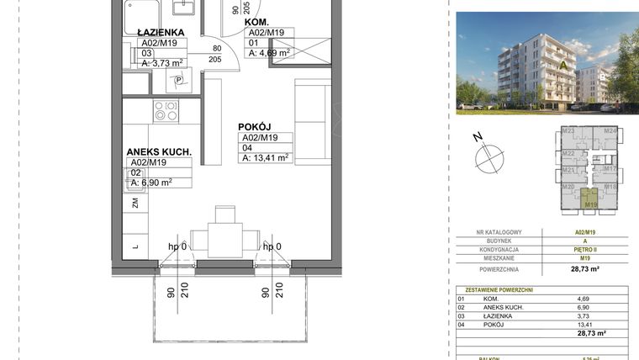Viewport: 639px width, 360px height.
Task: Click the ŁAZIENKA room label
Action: coord(161,32)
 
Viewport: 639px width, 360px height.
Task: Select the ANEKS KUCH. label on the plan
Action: coord(159,152)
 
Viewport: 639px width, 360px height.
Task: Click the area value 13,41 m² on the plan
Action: coord(265,156)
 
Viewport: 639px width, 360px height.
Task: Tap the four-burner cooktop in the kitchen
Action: coord(165,110)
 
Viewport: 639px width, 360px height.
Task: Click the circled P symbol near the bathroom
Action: coord(177,81)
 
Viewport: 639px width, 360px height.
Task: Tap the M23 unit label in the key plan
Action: coord(568,132)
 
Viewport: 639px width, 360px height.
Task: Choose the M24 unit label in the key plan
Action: coord(610,132)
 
